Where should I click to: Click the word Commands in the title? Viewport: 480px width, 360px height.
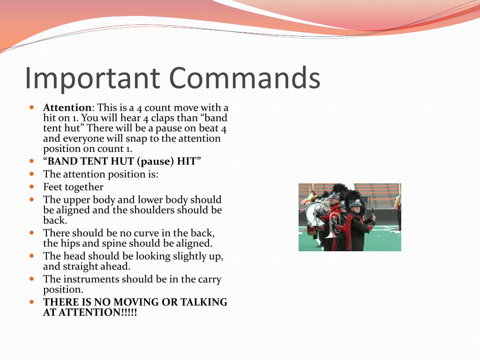(245, 78)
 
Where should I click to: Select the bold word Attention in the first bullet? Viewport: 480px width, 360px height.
(67, 108)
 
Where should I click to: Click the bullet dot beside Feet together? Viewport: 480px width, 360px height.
(32, 187)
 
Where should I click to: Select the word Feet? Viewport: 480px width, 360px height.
(53, 187)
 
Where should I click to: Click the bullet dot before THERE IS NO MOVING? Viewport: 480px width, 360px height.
(32, 302)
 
